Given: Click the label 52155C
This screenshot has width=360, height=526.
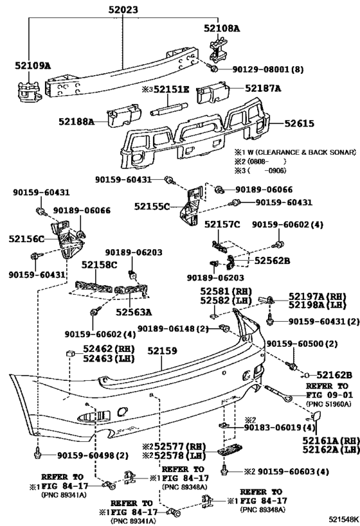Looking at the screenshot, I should pyautogui.click(x=152, y=206).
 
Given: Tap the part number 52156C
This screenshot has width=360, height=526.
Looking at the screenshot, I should pyautogui.click(x=26, y=239).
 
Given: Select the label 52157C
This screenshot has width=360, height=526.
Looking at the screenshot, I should pyautogui.click(x=222, y=224).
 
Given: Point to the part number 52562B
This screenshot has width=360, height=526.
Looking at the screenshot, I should pyautogui.click(x=272, y=261).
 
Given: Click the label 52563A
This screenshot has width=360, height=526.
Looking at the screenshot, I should pyautogui.click(x=134, y=313).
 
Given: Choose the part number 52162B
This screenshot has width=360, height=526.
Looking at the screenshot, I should pyautogui.click(x=334, y=374).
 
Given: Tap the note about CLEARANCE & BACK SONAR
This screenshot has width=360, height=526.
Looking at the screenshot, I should pyautogui.click(x=295, y=153).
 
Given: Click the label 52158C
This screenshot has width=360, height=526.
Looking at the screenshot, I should pyautogui.click(x=100, y=264).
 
